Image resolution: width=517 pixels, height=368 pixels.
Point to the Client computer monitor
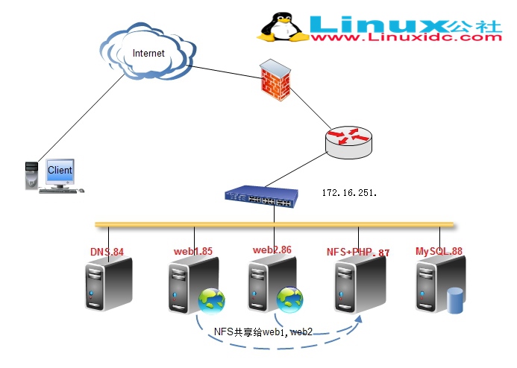tap(60, 171)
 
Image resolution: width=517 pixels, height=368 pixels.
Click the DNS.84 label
tap(107, 252)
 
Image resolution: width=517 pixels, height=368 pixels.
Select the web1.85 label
tap(192, 252)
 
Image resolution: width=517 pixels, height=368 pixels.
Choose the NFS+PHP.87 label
tap(357, 252)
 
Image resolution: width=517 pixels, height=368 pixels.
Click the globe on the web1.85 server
tap(210, 301)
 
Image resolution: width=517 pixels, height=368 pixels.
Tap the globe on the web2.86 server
tap(290, 299)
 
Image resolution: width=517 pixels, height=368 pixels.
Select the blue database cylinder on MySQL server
tap(454, 299)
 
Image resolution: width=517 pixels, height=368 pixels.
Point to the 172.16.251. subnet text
tap(350, 192)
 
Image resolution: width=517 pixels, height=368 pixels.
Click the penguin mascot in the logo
tap(282, 27)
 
